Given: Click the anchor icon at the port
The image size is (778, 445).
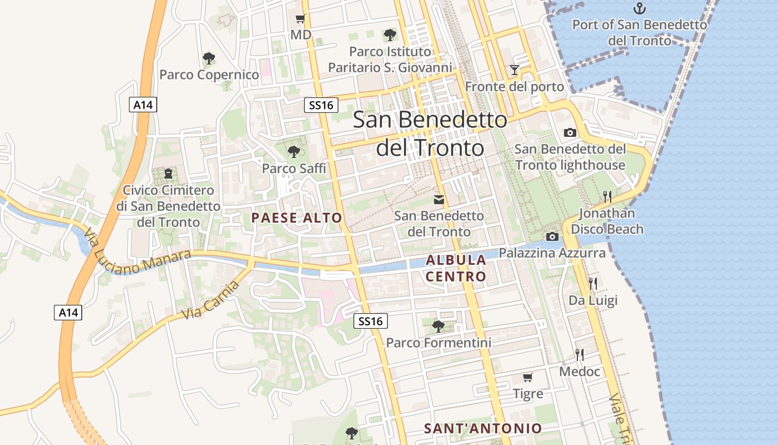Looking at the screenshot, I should point(640,8).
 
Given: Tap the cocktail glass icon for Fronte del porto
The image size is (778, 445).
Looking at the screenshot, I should point(515,70).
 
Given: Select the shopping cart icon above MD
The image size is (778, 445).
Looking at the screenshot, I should point(301,19).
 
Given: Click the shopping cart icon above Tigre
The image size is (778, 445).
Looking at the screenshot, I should point(528,378).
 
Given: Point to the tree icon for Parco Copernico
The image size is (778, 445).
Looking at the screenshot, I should point(209,58).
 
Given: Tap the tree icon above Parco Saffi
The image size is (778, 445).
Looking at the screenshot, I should point(294,151).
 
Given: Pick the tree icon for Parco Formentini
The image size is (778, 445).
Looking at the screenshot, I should point(438,326).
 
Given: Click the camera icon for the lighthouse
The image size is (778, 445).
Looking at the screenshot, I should point(570,132).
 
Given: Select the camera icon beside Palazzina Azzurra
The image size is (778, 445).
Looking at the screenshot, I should point(552,236).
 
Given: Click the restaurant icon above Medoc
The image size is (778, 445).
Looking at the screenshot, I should point(580,354).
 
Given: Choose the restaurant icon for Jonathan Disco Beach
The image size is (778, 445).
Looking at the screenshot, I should point(607,196).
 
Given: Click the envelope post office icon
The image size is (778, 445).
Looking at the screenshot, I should point(439,199).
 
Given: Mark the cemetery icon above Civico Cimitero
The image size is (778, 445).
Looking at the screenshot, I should point(168,174).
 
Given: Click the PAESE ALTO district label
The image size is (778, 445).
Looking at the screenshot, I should point(297,217).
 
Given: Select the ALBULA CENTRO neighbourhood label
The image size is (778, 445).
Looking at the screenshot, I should point(456,268).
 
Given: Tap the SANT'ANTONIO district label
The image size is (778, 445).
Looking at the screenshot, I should point(482,428).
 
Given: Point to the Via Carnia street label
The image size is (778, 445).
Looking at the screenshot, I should point(211,300).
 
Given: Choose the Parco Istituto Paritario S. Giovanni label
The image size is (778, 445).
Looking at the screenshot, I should point(390,60).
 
